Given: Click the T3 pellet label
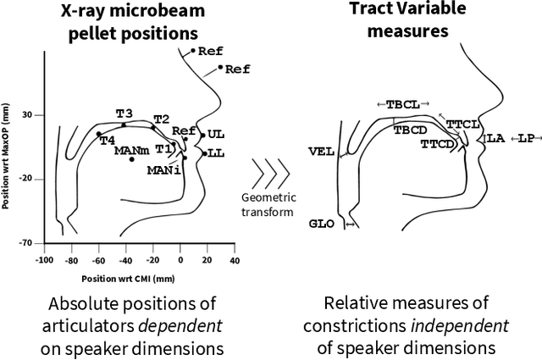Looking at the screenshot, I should pos(124,114).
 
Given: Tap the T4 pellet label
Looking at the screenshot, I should pos(108,141).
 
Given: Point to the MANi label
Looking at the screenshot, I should pos(163,170).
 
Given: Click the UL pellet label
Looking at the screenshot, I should pos(216,135).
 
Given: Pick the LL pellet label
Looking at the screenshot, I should pos(216,154).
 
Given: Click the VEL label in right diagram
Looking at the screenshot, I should pos(320,152).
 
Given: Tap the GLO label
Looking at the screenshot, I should pos(321,224).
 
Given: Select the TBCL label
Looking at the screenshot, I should pos(402,104).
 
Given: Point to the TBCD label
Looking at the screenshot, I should pos(410,130).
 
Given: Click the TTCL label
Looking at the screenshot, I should pos(462,124).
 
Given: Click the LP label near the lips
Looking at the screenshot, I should pos(526,137).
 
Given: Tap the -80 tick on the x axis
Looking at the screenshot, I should pos(72,260).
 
